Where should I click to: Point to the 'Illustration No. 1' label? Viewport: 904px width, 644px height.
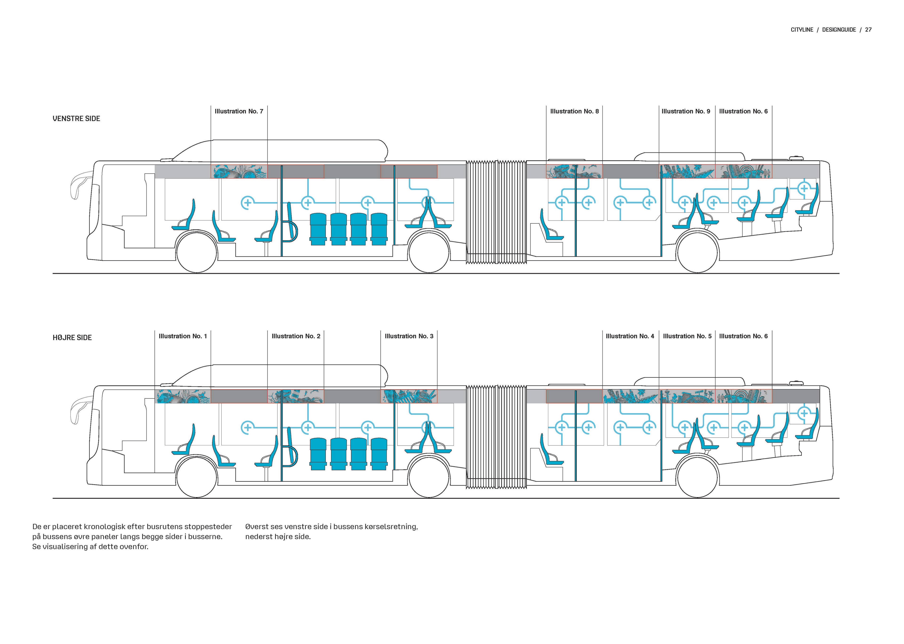(183, 336)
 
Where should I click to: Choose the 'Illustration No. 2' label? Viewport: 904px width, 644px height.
(295, 336)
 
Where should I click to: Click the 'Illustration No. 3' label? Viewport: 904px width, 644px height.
(409, 336)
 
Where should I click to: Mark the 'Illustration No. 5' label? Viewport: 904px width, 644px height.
(687, 336)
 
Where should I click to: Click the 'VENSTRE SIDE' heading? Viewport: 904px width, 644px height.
(77, 119)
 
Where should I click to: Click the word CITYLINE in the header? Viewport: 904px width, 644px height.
(802, 30)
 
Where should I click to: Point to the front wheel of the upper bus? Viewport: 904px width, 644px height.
(197, 252)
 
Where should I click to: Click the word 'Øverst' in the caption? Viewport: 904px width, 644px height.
(258, 527)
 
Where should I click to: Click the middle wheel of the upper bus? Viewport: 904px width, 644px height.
(429, 252)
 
